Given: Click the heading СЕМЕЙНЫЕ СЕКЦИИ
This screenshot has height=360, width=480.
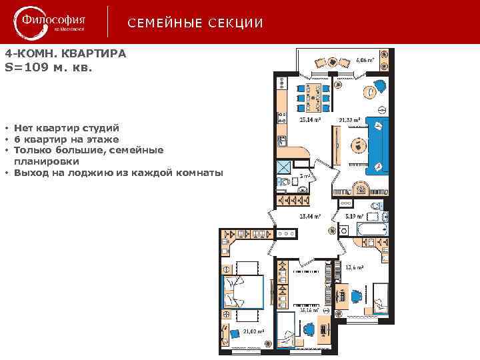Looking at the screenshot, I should click(195, 23).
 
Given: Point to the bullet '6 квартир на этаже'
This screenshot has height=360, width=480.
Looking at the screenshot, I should click(67, 139).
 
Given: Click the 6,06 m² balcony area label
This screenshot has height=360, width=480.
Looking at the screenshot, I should click(365, 59).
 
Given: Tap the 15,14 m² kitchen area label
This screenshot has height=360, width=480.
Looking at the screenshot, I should click(310, 120).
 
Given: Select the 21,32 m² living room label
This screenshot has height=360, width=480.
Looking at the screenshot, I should click(349, 120).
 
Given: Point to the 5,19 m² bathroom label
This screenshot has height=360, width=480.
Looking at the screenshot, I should click(353, 217).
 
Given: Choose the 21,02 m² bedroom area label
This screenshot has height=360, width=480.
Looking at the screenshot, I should click(254, 331).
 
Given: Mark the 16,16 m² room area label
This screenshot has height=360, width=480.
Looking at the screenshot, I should click(310, 310).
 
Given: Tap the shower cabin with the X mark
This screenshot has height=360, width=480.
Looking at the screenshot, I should click(285, 167).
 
